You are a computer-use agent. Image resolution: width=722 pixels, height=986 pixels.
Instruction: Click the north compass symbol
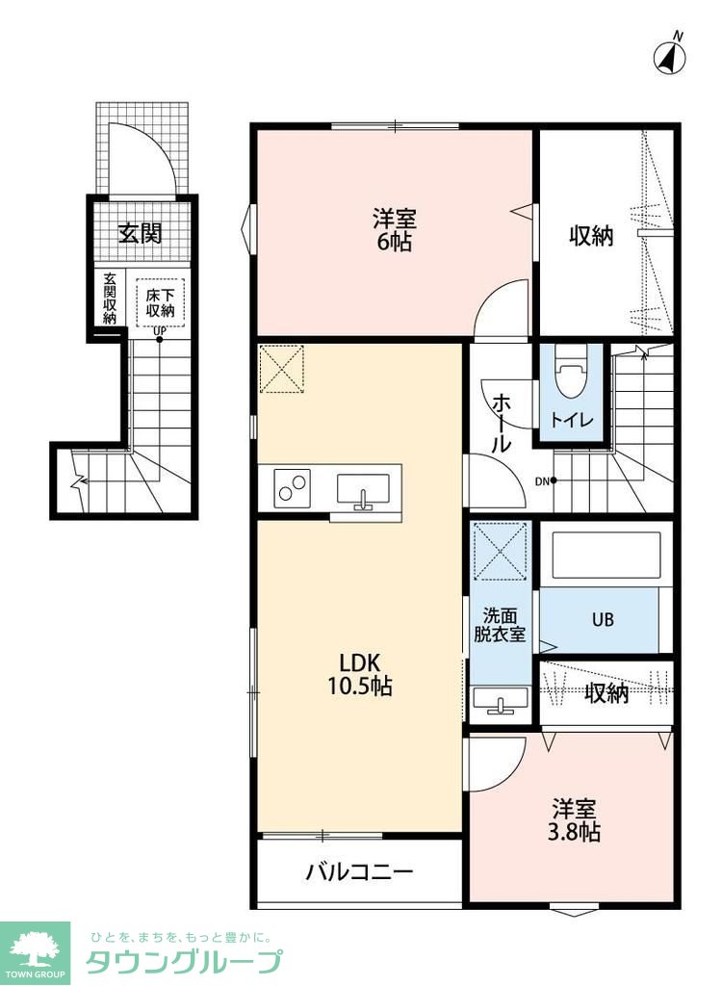(x=670, y=56)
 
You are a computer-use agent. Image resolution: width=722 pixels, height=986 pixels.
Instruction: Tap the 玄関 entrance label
(x=141, y=233)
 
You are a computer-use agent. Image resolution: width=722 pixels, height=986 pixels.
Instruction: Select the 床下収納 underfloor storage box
(x=161, y=302)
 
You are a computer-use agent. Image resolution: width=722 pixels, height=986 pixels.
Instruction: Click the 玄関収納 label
(x=110, y=298)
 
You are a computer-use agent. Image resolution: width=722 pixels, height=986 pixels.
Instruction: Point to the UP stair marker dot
(x=159, y=340)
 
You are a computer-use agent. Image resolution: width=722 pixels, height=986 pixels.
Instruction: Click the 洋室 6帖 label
(x=395, y=231)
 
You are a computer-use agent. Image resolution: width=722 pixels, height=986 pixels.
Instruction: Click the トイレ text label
(x=572, y=420)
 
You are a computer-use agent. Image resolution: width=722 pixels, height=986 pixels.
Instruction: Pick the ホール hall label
(x=502, y=423)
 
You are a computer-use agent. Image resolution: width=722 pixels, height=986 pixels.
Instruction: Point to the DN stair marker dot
(x=554, y=481)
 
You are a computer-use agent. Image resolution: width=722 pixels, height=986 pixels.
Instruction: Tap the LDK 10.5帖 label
(x=359, y=674)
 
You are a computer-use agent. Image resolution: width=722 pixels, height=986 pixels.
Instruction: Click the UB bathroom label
(x=603, y=619)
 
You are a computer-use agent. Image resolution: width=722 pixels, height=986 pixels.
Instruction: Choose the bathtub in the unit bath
(x=606, y=556)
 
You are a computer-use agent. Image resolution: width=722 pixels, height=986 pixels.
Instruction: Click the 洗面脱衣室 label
(x=500, y=625)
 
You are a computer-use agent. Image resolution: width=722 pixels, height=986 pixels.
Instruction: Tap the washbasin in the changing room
(x=501, y=701)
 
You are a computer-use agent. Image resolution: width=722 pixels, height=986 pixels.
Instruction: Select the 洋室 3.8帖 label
(x=576, y=820)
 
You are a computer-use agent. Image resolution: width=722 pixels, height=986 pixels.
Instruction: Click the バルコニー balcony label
(x=360, y=871)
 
